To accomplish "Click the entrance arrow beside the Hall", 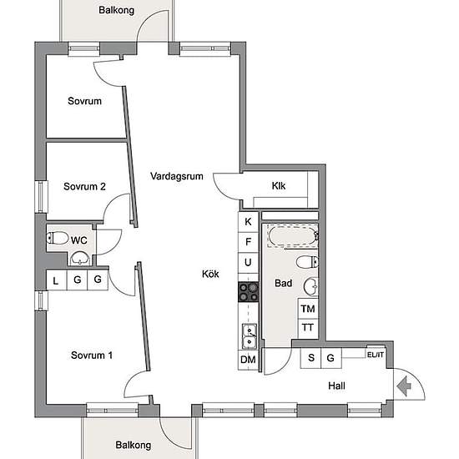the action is click(x=405, y=386).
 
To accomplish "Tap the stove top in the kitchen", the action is click(x=248, y=292).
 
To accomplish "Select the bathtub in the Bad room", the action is click(x=293, y=236).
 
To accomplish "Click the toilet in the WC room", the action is click(x=58, y=238).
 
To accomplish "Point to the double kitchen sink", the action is click(x=250, y=336).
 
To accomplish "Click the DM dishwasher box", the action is click(x=248, y=360).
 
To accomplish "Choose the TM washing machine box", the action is click(x=308, y=309).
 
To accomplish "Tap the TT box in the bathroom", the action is click(x=308, y=329).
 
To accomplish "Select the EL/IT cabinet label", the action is click(x=376, y=355).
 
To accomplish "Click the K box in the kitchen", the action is click(x=248, y=222).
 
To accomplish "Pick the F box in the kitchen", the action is click(x=248, y=242).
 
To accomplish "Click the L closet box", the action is click(x=57, y=280).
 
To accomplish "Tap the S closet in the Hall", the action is click(x=311, y=358).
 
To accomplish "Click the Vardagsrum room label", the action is click(x=177, y=176).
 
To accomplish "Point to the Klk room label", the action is click(x=279, y=186).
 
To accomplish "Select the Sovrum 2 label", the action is click(x=84, y=186).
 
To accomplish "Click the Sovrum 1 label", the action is click(x=92, y=356).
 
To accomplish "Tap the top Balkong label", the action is click(x=116, y=10).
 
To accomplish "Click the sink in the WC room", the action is click(x=80, y=258).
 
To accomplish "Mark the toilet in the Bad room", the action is click(x=307, y=262).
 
